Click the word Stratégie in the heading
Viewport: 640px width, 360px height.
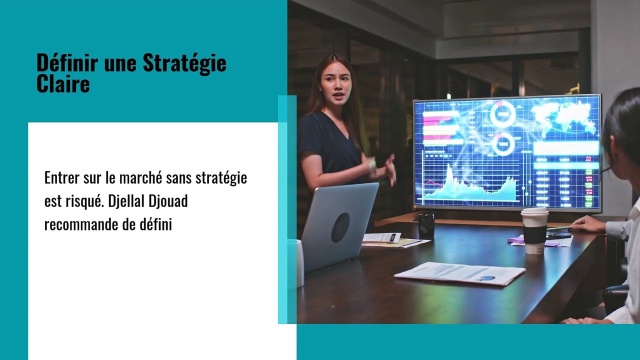(184, 63)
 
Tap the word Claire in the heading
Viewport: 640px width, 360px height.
(63, 83)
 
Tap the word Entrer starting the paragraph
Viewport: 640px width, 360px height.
(61, 178)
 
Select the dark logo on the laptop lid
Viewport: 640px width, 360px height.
(340, 227)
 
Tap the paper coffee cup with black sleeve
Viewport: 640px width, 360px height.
(534, 230)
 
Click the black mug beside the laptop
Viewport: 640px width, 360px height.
(426, 225)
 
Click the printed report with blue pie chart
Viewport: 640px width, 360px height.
(459, 273)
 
